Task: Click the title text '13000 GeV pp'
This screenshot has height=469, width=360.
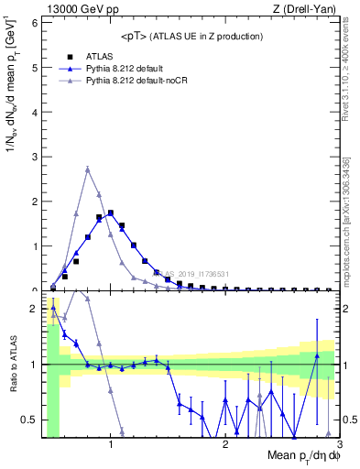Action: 80,8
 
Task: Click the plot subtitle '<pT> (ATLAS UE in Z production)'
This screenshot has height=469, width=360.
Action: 191,36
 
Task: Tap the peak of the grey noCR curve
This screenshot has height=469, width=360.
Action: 87,169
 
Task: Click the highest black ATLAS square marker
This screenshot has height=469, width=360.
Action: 110,213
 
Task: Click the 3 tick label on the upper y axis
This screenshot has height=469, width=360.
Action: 34,156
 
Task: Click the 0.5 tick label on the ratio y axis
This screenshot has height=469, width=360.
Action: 30,420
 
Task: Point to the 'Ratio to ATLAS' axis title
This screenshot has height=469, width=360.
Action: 12,365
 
